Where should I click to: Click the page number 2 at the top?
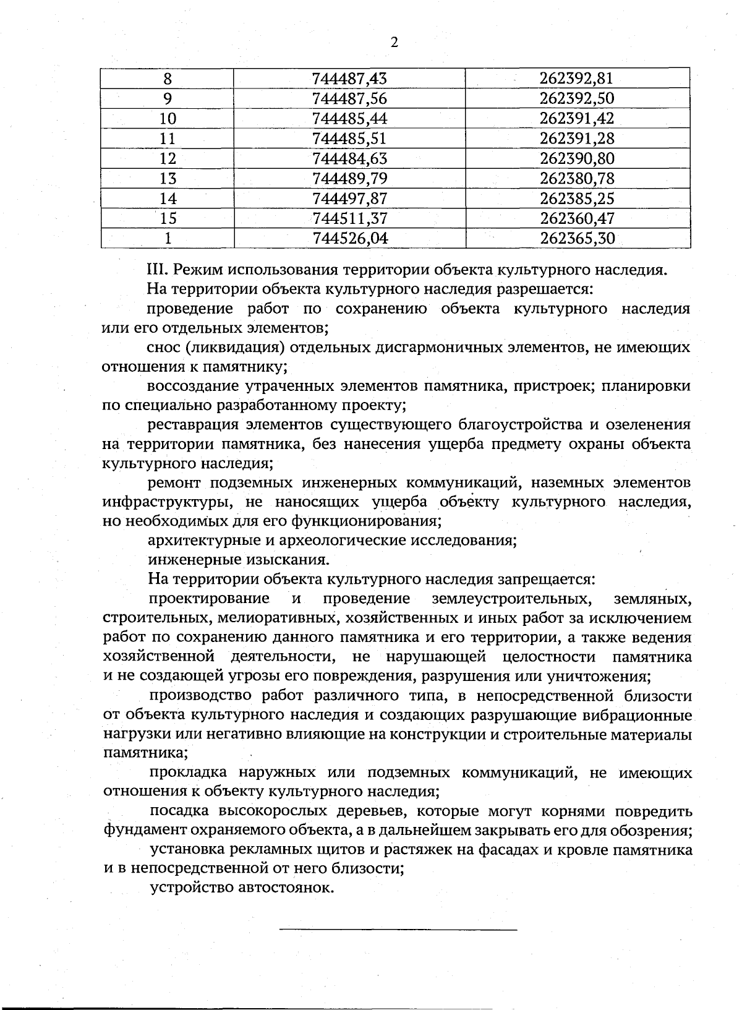394,43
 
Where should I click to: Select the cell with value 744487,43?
349,79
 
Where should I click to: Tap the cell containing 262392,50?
577,98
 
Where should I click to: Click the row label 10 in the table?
168,119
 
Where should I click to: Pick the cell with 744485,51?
349,139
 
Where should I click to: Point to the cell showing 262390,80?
577,158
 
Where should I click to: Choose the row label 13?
168,179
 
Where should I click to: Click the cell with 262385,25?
577,199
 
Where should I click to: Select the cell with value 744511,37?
349,218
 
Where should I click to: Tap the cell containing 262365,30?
577,238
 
